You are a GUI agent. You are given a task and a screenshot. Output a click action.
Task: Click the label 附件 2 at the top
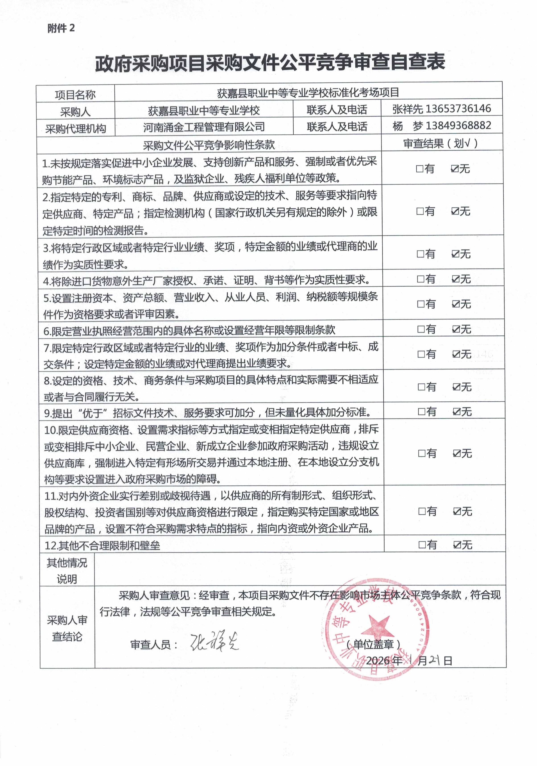click(x=61, y=28)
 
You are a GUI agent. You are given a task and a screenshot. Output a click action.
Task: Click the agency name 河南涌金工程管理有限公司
click(x=204, y=127)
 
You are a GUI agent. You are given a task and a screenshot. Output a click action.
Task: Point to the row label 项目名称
click(x=75, y=95)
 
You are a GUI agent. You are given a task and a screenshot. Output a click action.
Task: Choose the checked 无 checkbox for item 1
click(x=454, y=169)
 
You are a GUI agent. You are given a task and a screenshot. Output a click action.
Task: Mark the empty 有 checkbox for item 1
click(x=420, y=169)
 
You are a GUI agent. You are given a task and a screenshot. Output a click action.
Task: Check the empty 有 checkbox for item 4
click(x=420, y=279)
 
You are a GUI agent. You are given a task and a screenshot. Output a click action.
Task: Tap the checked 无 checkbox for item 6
click(x=456, y=329)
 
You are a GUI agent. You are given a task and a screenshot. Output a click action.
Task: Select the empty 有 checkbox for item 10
click(x=422, y=453)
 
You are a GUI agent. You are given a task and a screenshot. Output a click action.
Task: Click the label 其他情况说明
click(x=67, y=571)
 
